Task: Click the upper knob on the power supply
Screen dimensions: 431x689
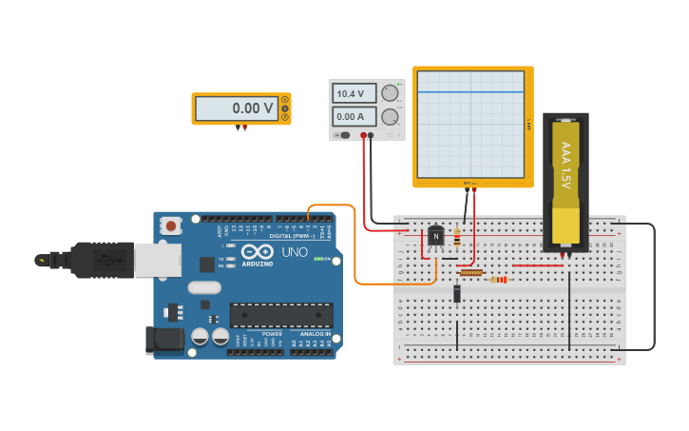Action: click(x=390, y=93)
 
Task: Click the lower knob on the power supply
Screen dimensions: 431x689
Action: click(x=390, y=117)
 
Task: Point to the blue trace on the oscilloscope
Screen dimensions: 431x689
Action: click(x=470, y=92)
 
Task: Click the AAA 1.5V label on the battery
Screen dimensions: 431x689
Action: click(x=565, y=165)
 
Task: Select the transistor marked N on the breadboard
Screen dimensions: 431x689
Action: click(x=435, y=236)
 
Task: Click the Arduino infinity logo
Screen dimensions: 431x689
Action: click(x=257, y=253)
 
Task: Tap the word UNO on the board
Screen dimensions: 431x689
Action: click(x=295, y=252)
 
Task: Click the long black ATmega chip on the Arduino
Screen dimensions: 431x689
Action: click(x=281, y=315)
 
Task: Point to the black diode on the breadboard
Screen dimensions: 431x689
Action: click(x=457, y=293)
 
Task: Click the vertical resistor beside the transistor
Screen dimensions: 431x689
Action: click(x=457, y=239)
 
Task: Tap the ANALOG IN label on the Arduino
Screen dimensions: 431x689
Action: click(x=316, y=334)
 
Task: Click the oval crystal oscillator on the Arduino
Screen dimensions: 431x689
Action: click(x=204, y=287)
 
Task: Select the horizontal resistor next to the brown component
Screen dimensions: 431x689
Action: click(x=498, y=280)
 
